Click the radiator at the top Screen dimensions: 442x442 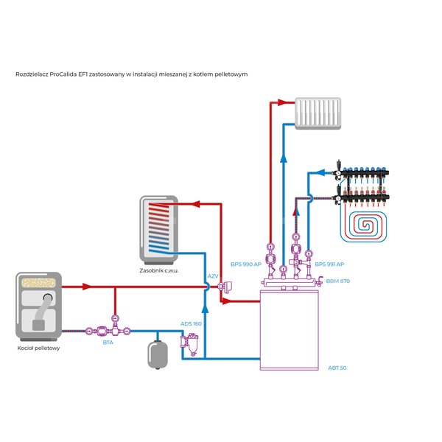click(318, 113)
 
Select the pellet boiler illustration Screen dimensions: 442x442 click(38, 306)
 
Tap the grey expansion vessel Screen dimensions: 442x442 click(158, 354)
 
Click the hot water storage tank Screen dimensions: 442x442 click(159, 230)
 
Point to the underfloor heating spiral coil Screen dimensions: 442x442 click(363, 225)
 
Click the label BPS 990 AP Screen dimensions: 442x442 click(246, 264)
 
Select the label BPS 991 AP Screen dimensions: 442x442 click(329, 264)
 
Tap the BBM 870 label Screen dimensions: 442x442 click(337, 281)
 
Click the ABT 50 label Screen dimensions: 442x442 click(337, 368)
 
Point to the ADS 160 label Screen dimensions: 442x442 click(191, 324)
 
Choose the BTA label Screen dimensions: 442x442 click(108, 343)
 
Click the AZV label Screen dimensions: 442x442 click(213, 276)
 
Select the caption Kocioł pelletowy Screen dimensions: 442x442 click(38, 348)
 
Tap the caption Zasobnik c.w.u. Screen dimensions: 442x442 click(159, 270)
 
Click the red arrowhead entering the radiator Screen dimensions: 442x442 click(282, 102)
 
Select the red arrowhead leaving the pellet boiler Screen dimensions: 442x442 click(87, 287)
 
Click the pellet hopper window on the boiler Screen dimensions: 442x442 click(38, 283)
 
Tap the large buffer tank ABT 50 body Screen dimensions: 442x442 click(290, 330)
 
